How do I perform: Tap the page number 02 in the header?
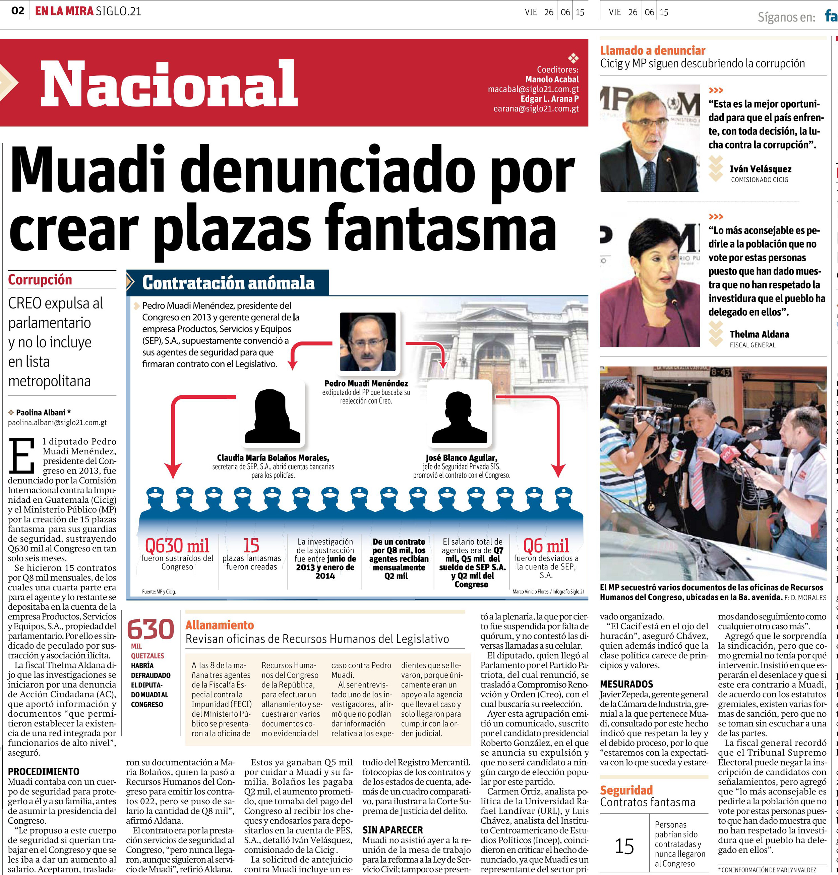pos(17,11)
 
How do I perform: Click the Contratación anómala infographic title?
pos(228,283)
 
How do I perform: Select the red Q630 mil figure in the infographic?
pos(177,546)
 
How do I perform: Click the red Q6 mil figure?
pos(546,546)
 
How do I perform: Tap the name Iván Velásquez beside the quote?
pos(760,169)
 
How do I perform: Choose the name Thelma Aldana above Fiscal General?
pos(759,334)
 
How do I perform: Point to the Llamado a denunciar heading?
pos(652,50)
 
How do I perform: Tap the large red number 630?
pos(151,630)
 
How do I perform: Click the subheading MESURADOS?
pos(626,684)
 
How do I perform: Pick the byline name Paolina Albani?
pos(41,413)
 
